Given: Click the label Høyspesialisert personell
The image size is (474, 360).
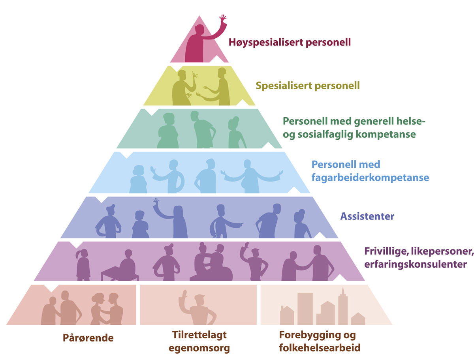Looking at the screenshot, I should (x=290, y=42).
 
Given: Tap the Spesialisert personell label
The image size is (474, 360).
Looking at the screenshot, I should (x=308, y=85).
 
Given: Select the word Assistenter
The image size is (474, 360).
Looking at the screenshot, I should (x=367, y=216).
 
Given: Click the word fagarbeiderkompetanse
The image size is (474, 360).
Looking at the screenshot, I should (x=370, y=178).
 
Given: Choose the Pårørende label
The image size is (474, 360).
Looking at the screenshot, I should (x=88, y=338).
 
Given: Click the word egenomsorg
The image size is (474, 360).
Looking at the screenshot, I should (x=199, y=349).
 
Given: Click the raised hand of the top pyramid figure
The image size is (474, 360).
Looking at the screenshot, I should (x=223, y=19).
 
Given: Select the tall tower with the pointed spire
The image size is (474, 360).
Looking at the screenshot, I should (x=343, y=306).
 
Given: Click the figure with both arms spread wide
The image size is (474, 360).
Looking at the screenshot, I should (x=251, y=176).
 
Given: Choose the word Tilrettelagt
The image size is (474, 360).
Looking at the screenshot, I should (x=199, y=336).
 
